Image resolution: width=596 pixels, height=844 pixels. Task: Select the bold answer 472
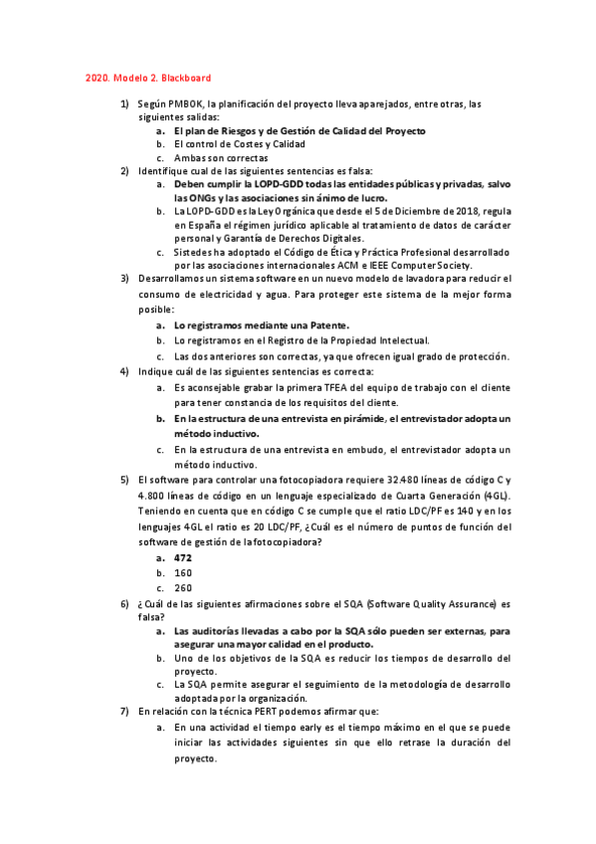[x=183, y=558]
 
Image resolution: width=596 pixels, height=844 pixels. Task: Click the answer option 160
[x=183, y=573]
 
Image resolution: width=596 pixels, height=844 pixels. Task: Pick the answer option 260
[x=183, y=588]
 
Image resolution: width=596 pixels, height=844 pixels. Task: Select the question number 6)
[x=124, y=603]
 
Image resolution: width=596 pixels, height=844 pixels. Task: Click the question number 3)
[x=124, y=279]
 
